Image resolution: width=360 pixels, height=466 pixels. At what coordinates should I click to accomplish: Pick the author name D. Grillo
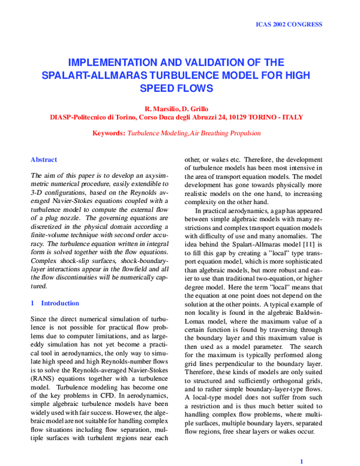197,108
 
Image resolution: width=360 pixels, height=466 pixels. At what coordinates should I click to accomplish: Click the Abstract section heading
44,160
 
